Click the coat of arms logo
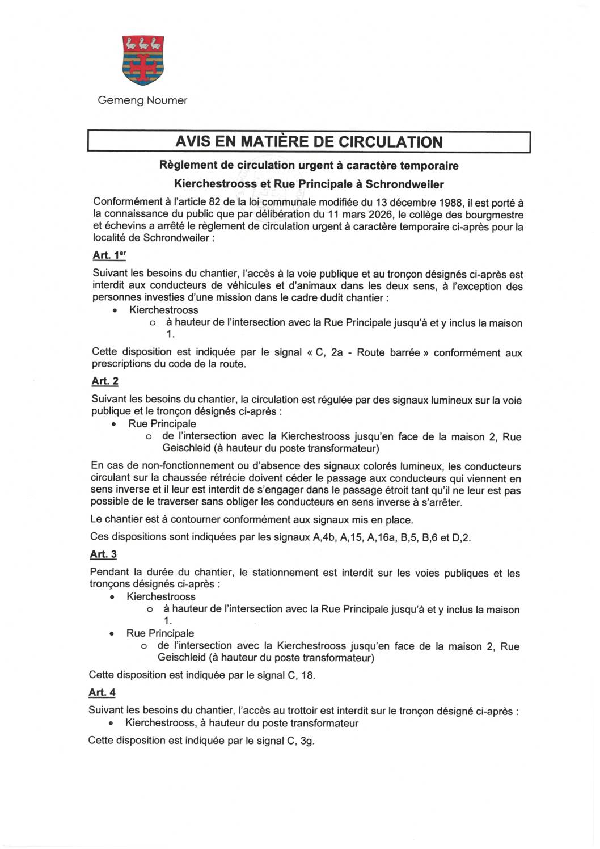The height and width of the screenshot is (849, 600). tap(142, 60)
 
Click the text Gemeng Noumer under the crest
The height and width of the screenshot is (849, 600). tap(142, 100)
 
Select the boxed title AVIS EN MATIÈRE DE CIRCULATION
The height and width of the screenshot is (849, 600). tap(309, 142)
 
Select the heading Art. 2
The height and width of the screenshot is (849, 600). tap(104, 381)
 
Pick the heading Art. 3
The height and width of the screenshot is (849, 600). tap(103, 554)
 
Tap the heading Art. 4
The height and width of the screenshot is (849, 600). tap(102, 692)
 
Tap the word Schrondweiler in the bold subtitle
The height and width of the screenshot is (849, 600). tap(405, 184)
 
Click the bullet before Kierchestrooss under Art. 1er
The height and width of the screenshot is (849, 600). tap(115, 311)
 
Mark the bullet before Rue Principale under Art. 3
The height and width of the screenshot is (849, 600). tap(113, 634)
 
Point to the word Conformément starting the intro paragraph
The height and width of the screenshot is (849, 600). tap(124, 203)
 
